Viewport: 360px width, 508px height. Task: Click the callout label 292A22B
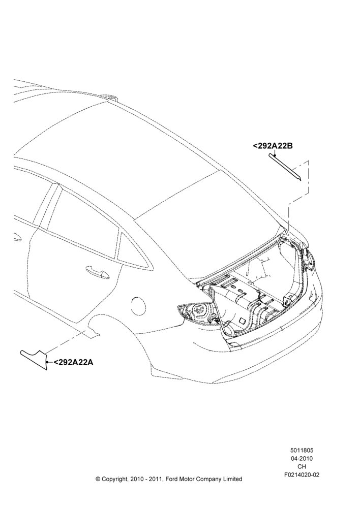[273, 146]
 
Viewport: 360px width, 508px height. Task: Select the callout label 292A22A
[73, 362]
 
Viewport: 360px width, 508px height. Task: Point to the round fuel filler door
[141, 304]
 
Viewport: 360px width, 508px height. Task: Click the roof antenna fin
[111, 98]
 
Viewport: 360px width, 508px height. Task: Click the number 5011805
[302, 450]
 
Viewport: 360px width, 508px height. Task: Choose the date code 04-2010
[302, 458]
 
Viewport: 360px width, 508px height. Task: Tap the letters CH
[302, 467]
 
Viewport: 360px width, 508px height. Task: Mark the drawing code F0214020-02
[302, 475]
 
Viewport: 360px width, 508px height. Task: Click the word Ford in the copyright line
[171, 479]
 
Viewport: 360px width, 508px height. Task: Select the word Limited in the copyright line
[231, 479]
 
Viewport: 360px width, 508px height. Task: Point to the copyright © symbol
[98, 479]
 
